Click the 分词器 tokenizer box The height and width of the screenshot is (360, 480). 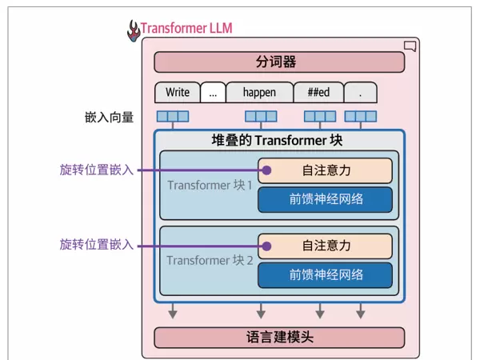[x=279, y=62]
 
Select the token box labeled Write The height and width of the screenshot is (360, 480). [x=176, y=92]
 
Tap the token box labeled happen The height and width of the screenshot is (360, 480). [x=259, y=92]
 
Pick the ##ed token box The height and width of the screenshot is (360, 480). [x=318, y=92]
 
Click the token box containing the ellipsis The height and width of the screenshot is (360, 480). [x=213, y=92]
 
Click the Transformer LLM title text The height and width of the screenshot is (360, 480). [x=186, y=30]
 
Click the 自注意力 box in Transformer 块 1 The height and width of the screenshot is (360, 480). [x=325, y=170]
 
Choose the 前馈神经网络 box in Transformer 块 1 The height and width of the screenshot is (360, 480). [x=325, y=199]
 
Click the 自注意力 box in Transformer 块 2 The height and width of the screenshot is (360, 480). [x=325, y=246]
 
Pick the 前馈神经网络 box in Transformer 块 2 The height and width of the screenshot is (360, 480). [x=325, y=274]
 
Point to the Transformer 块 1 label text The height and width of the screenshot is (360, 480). [x=210, y=186]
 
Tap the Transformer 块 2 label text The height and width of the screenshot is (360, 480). [x=210, y=261]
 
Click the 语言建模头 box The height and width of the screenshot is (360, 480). [x=279, y=337]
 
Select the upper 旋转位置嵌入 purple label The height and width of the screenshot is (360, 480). [x=97, y=170]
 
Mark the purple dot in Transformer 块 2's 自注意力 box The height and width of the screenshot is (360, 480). [x=267, y=246]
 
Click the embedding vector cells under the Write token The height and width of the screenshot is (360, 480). [x=173, y=117]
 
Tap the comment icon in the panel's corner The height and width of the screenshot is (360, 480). [x=410, y=46]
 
